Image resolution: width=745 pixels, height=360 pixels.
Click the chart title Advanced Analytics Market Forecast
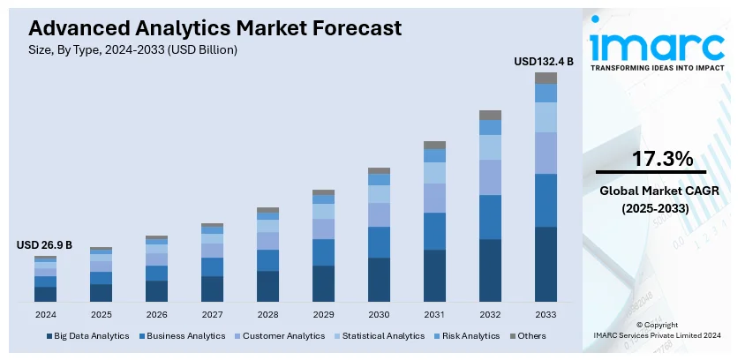point(209,28)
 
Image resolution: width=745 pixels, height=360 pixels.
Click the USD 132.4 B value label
point(544,62)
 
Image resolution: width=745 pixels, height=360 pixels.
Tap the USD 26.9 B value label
point(44,244)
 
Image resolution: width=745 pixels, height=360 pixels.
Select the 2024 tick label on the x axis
point(45,314)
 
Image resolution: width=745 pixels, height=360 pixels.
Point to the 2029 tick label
point(323,314)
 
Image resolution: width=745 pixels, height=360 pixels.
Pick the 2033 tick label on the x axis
point(546,314)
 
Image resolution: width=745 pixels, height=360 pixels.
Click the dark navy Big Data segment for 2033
point(546,264)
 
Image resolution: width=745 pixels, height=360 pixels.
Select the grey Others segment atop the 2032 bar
point(490,115)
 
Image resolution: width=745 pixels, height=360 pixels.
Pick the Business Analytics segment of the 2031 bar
point(434,231)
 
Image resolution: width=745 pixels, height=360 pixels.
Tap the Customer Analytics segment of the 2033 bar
point(546,153)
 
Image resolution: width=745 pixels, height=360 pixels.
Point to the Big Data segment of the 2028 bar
point(267,286)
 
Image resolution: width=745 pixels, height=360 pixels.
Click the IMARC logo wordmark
point(657,46)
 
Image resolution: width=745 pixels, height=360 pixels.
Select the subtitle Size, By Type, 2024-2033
point(126,50)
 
